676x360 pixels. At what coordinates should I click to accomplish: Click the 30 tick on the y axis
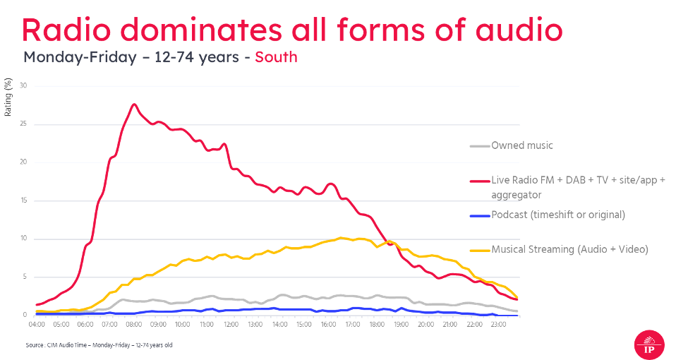pyautogui.click(x=24, y=86)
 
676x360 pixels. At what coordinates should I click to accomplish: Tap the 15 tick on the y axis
pyautogui.click(x=24, y=200)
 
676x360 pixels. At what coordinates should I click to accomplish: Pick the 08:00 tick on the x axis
pyautogui.click(x=134, y=325)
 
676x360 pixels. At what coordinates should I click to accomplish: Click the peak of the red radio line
pyautogui.click(x=133, y=104)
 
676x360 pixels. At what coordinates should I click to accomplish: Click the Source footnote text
pyautogui.click(x=98, y=344)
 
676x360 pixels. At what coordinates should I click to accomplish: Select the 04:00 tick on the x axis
pyautogui.click(x=37, y=325)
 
